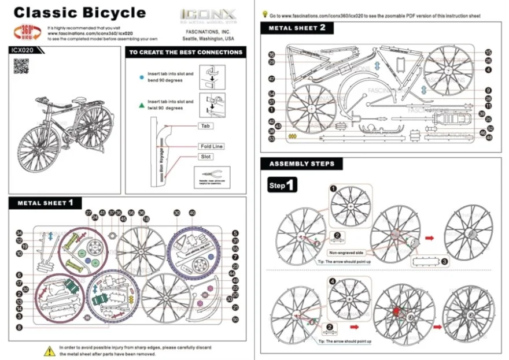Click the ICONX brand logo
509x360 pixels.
coord(208,14)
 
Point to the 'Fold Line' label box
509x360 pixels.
coord(211,147)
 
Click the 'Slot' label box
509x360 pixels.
coord(206,157)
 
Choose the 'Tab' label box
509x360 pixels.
coord(205,125)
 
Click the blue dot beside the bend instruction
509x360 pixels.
coord(142,76)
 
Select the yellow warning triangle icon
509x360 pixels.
coord(50,350)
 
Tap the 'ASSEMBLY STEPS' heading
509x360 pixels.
coord(301,164)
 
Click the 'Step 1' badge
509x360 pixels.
coord(283,185)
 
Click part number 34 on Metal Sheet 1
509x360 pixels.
coord(19,233)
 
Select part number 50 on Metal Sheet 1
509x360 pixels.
coord(235,320)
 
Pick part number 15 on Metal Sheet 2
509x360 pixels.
coord(488,53)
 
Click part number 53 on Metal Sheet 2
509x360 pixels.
coord(271,139)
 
